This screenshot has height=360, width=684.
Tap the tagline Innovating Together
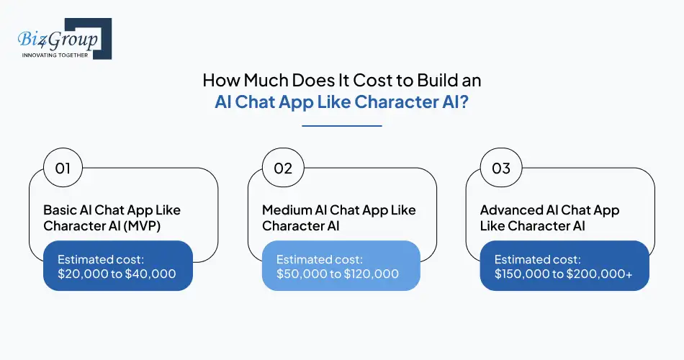tap(55, 55)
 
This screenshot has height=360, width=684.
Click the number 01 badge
tap(63, 168)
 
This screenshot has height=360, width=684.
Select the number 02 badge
tap(282, 168)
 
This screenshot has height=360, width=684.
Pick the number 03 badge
tap(500, 168)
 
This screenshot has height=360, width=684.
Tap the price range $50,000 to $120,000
tap(338, 274)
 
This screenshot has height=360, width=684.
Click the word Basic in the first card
tap(60, 210)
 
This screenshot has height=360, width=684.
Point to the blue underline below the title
tap(341, 126)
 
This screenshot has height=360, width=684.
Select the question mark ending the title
tap(464, 102)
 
